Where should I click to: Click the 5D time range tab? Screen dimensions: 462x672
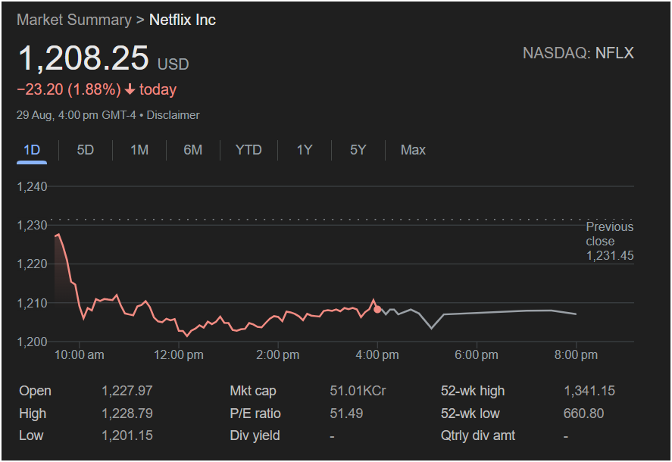[86, 150]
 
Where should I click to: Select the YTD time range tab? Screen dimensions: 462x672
[248, 150]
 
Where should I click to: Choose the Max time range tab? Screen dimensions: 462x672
[413, 150]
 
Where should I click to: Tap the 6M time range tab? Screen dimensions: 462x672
[193, 150]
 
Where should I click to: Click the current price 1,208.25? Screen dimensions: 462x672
[83, 59]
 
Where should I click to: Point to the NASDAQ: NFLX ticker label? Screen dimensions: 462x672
[578, 53]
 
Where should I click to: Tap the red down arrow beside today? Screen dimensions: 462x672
[130, 89]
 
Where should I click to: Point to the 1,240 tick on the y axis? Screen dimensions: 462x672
[32, 187]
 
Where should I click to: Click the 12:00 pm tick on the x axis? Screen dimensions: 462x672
[179, 354]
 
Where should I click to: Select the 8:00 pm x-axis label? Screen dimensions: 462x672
[576, 354]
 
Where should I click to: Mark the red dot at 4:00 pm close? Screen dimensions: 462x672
[377, 309]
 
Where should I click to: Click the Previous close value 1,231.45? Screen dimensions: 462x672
[610, 256]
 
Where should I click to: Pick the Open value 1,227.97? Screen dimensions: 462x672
[127, 391]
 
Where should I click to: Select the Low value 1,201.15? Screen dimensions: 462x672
[127, 435]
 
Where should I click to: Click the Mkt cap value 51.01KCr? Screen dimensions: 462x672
[358, 391]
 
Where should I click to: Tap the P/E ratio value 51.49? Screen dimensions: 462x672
[346, 414]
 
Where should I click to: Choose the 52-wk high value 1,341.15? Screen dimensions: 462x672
[589, 391]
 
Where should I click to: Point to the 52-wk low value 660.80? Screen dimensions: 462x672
[584, 414]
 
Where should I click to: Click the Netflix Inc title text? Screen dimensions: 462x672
[182, 20]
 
